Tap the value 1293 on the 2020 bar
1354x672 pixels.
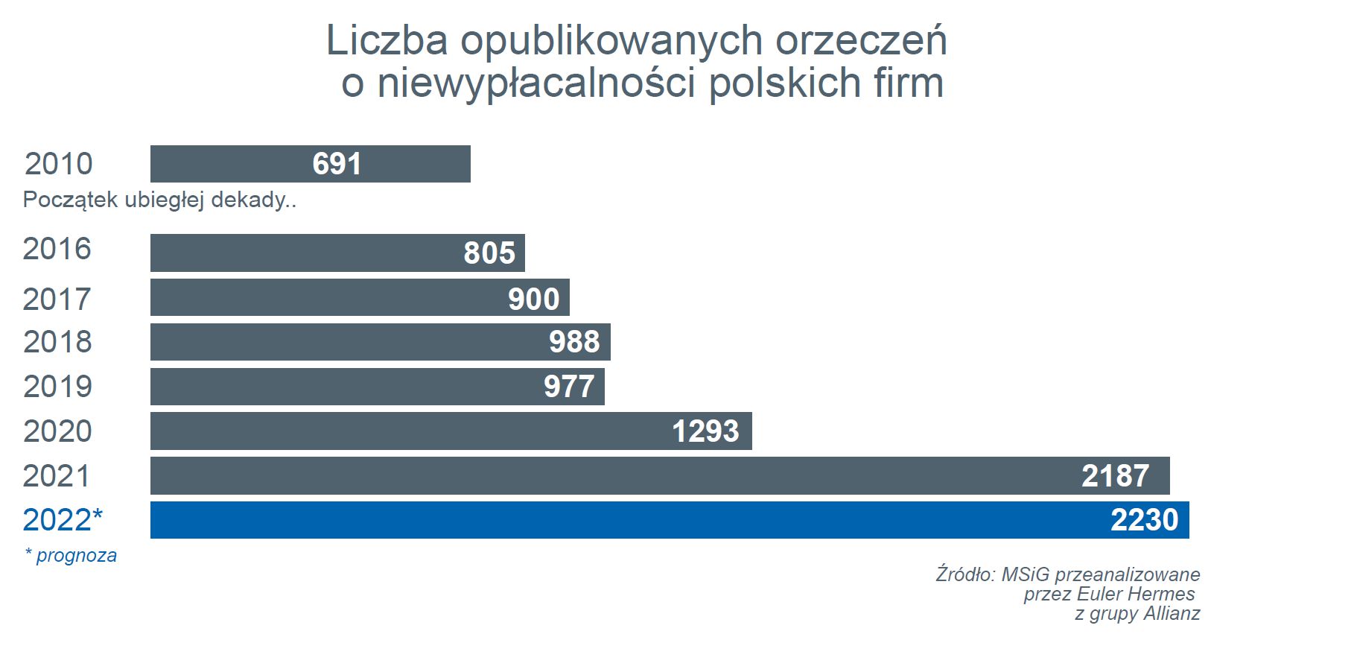705,431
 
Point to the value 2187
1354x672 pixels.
1115,476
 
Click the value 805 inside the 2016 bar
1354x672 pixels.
489,253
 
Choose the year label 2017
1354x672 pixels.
57,299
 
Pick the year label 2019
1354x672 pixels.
57,387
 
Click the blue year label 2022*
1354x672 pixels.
63,520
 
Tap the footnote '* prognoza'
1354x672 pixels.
71,556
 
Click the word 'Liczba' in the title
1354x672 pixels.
387,40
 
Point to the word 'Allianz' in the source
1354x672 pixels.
1172,614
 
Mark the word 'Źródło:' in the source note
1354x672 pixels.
965,574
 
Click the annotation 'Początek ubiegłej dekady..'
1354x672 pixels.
159,200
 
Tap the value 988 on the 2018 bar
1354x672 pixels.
574,342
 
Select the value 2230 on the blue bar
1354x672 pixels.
1144,520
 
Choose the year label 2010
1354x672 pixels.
59,164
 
